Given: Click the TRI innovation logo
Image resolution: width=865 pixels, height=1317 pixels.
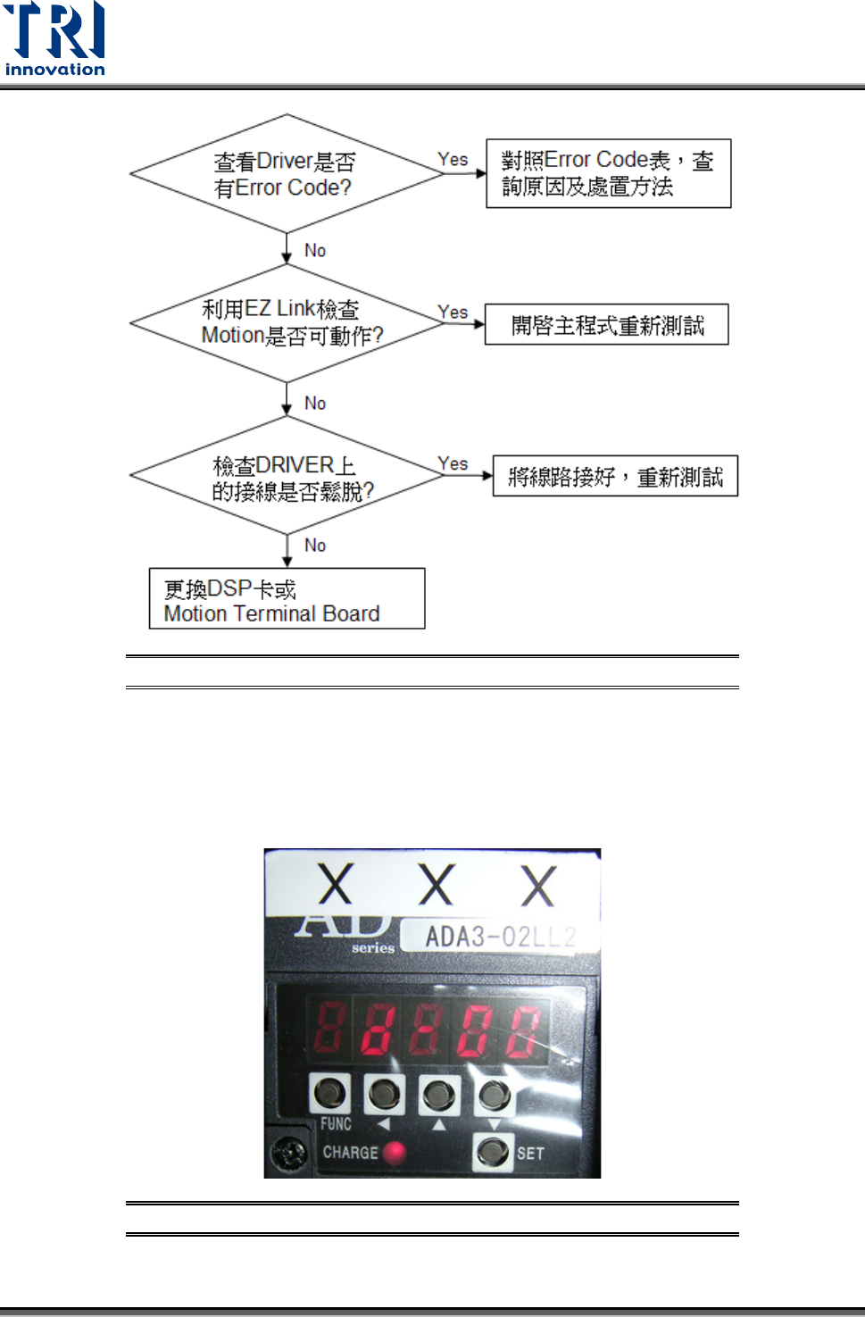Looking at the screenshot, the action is [x=54, y=39].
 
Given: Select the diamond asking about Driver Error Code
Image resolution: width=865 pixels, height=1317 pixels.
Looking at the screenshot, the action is [x=286, y=174].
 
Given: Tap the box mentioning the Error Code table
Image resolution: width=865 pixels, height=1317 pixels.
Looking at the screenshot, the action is [x=608, y=173].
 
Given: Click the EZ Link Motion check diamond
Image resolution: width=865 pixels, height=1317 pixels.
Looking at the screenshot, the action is [x=286, y=322].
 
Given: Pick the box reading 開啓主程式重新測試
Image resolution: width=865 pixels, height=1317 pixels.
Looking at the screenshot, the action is [x=606, y=325].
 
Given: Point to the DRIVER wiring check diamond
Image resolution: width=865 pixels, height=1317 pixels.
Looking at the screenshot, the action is [x=286, y=477].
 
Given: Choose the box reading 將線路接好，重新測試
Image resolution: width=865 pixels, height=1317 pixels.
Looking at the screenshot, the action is [x=615, y=477].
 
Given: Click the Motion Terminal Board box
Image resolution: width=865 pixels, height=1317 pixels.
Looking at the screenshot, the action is [x=287, y=599].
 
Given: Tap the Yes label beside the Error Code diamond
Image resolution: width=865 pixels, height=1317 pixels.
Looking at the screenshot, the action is [x=453, y=159].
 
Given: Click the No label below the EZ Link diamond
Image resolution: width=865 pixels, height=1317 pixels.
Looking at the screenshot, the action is [x=315, y=404].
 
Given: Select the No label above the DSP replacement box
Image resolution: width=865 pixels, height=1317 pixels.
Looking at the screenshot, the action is [x=315, y=546].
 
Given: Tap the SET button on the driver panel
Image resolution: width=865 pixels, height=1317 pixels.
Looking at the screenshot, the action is [x=493, y=1151].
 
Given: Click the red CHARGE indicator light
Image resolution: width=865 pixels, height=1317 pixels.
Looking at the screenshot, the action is [x=394, y=1153].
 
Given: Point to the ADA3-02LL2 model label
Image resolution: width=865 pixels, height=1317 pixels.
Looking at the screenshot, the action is [x=500, y=937].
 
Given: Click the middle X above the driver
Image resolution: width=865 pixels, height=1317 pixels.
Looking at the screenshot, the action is [x=437, y=885].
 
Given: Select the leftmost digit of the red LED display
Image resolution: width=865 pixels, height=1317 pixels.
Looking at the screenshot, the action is [x=329, y=1029].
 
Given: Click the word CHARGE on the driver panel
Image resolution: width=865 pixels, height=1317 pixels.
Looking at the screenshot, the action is [x=350, y=1153].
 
